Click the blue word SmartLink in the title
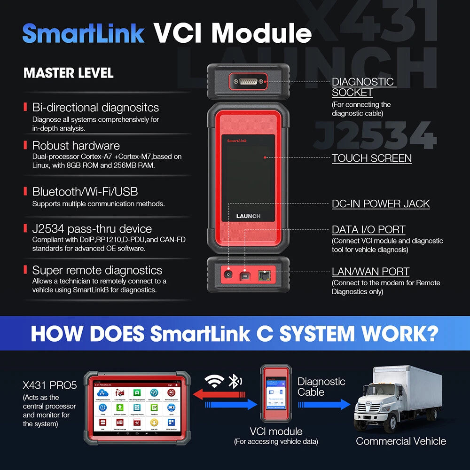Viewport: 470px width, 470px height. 83,33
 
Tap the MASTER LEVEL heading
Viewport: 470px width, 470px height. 69,73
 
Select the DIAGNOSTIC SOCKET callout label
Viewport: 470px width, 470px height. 363,87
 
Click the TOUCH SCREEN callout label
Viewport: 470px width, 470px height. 372,158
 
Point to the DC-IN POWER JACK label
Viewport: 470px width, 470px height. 381,204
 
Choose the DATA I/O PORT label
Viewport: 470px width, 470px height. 368,230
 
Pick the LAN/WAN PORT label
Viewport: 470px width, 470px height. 370,272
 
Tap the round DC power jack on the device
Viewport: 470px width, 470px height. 229,274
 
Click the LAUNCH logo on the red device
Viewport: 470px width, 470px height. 248,216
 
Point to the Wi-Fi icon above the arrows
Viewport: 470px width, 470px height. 215,382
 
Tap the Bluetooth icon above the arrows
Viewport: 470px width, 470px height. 233,381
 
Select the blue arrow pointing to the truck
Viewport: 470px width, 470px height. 324,404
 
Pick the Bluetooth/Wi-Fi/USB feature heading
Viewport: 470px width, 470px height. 85,192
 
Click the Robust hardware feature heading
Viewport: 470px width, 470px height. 76,146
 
